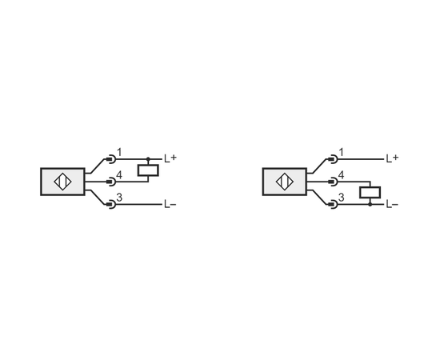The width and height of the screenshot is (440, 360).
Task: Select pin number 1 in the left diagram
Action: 119,153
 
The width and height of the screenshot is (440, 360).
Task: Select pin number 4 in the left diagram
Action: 119,175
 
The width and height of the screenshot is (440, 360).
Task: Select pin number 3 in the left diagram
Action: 119,198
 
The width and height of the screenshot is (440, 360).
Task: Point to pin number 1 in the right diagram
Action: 342,153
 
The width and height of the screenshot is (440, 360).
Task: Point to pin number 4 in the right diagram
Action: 342,175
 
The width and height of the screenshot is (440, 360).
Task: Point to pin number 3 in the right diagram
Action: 342,198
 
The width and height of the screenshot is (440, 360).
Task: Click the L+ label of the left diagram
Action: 170,158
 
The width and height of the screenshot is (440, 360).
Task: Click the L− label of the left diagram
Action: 170,204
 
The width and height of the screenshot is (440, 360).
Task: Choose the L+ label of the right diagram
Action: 392,158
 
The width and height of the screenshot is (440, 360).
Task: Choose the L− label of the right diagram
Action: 392,204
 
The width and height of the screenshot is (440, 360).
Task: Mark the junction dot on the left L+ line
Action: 148,159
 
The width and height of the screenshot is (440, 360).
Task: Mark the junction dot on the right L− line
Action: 370,205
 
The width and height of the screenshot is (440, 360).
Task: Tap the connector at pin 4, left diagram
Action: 111,182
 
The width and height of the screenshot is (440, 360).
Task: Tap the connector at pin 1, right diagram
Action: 333,159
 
